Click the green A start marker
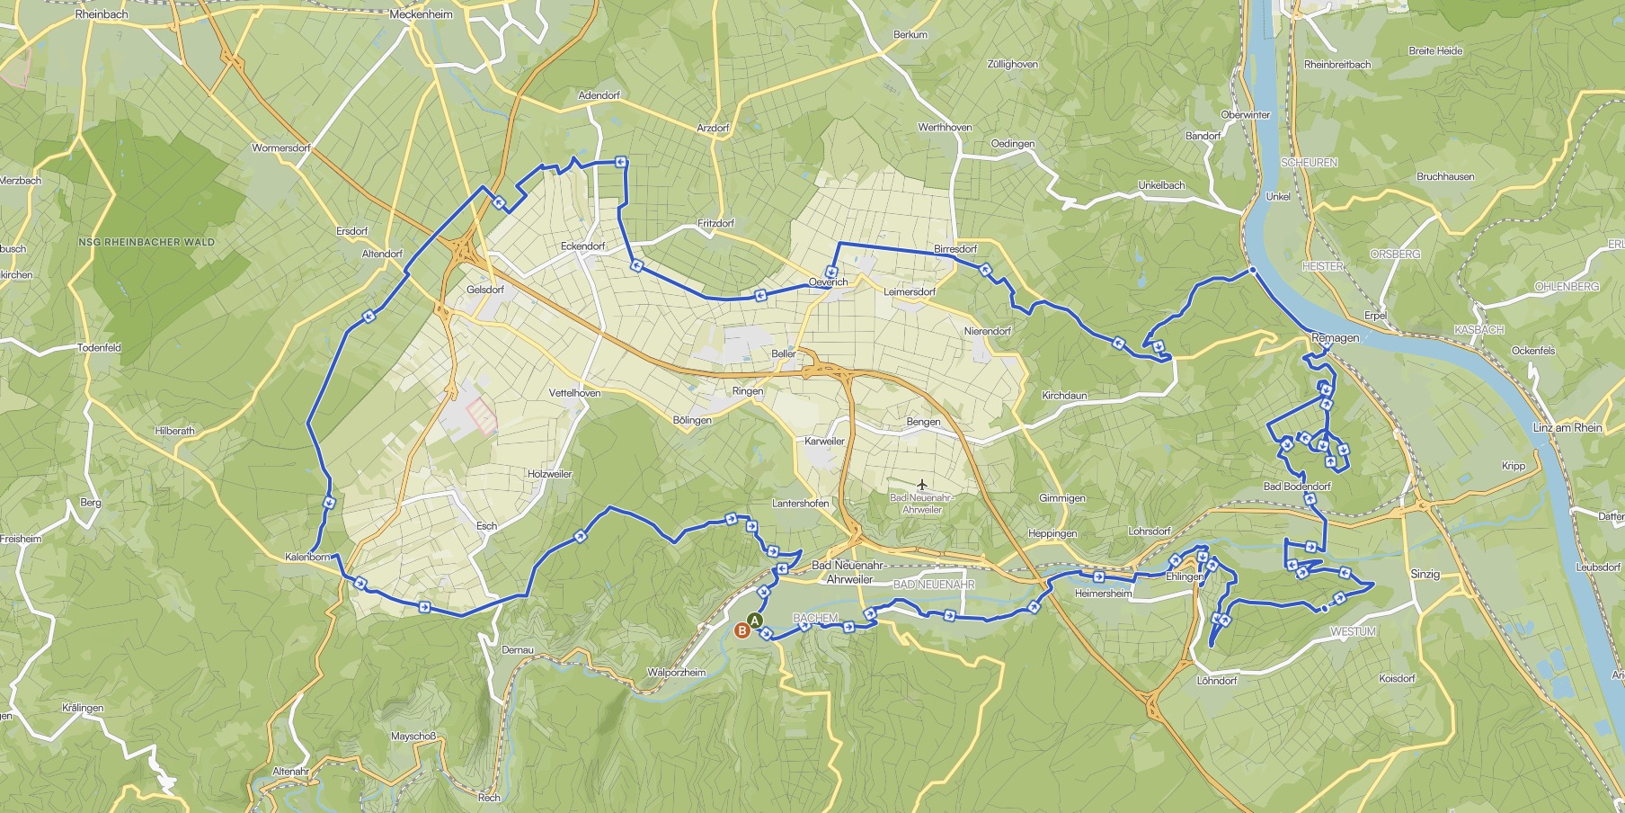point(754,621)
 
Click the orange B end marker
point(742,630)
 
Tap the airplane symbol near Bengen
point(921,486)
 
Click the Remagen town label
point(1335,337)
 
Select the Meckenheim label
point(421,14)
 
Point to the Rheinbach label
point(102,14)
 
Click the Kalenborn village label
point(307,557)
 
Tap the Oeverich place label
point(828,282)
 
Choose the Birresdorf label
point(955,248)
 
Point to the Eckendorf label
point(582,246)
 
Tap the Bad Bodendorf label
point(1297,487)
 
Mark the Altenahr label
point(290,772)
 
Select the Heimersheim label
point(1103,594)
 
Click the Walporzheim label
point(676,673)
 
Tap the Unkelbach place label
point(1161,185)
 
